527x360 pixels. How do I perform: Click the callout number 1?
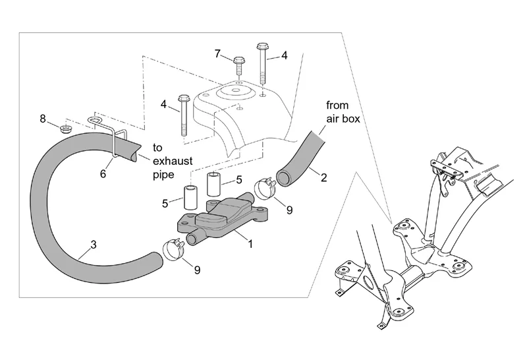tap(250, 243)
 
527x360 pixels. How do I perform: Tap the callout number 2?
tap(323, 177)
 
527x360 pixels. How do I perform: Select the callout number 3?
tap(94, 245)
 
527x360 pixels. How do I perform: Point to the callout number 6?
tap(103, 173)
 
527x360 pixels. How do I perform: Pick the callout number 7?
tap(218, 53)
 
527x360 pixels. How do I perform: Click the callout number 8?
tap(43, 119)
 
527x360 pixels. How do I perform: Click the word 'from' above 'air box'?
tap(337, 105)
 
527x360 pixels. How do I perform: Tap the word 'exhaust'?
tap(173, 161)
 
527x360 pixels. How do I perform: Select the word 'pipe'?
tap(163, 175)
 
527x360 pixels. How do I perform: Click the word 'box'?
tap(351, 119)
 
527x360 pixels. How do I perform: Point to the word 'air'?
tap(333, 119)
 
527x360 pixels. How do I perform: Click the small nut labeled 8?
tap(66, 129)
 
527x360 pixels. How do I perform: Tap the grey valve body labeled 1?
tap(219, 219)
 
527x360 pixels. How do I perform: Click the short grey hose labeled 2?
tap(300, 160)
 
